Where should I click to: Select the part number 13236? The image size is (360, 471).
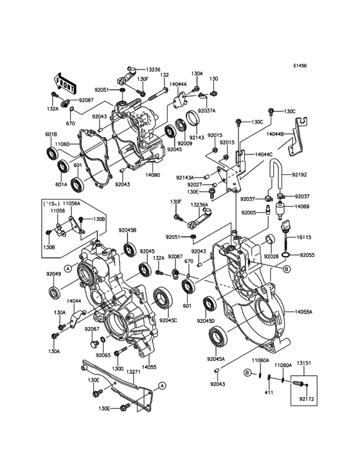[x=154, y=69]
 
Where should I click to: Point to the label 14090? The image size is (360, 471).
[x=152, y=174]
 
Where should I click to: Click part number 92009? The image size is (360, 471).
[x=186, y=143]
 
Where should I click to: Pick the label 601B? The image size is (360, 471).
[x=51, y=134]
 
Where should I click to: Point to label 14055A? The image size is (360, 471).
[x=303, y=312]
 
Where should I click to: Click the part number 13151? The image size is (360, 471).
[x=304, y=364]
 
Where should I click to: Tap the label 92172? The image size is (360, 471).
[x=307, y=400]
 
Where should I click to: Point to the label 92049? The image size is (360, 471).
[x=54, y=273]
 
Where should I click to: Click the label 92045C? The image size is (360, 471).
[x=168, y=320]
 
